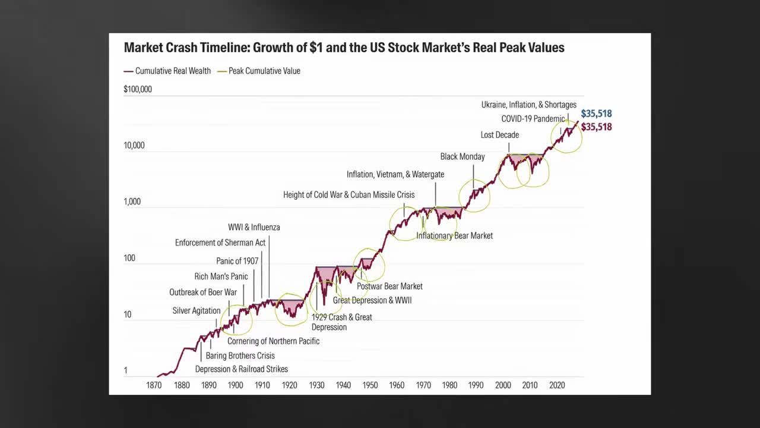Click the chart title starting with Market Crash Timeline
pyautogui.click(x=344, y=48)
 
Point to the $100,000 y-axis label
pyautogui.click(x=138, y=89)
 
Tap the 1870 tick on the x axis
pyautogui.click(x=154, y=385)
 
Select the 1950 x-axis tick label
pyautogui.click(x=370, y=385)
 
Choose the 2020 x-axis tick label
pyautogui.click(x=556, y=385)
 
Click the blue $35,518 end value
pyautogui.click(x=596, y=114)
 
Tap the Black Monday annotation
pyautogui.click(x=463, y=157)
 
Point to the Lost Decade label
pyautogui.click(x=499, y=135)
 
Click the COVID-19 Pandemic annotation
pyautogui.click(x=533, y=119)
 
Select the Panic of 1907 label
pyautogui.click(x=237, y=261)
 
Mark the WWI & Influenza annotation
pyautogui.click(x=254, y=228)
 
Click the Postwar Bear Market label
pyautogui.click(x=389, y=287)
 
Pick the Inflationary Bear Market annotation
pyautogui.click(x=454, y=236)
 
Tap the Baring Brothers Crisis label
pyautogui.click(x=240, y=355)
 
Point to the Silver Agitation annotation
pyautogui.click(x=197, y=311)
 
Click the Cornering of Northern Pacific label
pyautogui.click(x=273, y=341)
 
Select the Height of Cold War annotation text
pyautogui.click(x=349, y=195)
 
